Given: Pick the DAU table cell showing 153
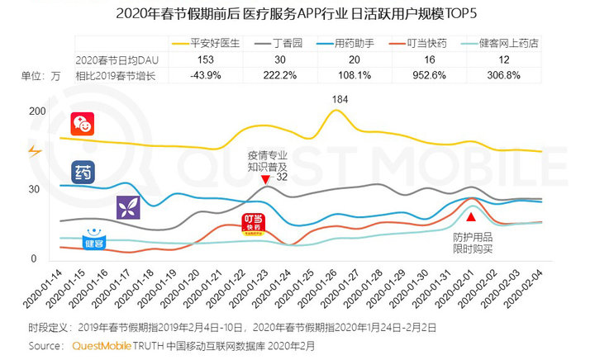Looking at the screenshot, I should click(x=204, y=60).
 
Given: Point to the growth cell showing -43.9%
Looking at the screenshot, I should click(x=204, y=76).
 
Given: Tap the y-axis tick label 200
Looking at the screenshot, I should click(x=36, y=111).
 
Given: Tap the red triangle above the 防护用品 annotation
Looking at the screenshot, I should click(x=470, y=217).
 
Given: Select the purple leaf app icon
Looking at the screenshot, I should click(x=128, y=207).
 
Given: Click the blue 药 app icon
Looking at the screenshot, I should click(x=83, y=173).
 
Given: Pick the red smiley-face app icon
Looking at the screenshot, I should click(x=82, y=125).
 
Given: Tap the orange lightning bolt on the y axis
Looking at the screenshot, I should click(x=34, y=151).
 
